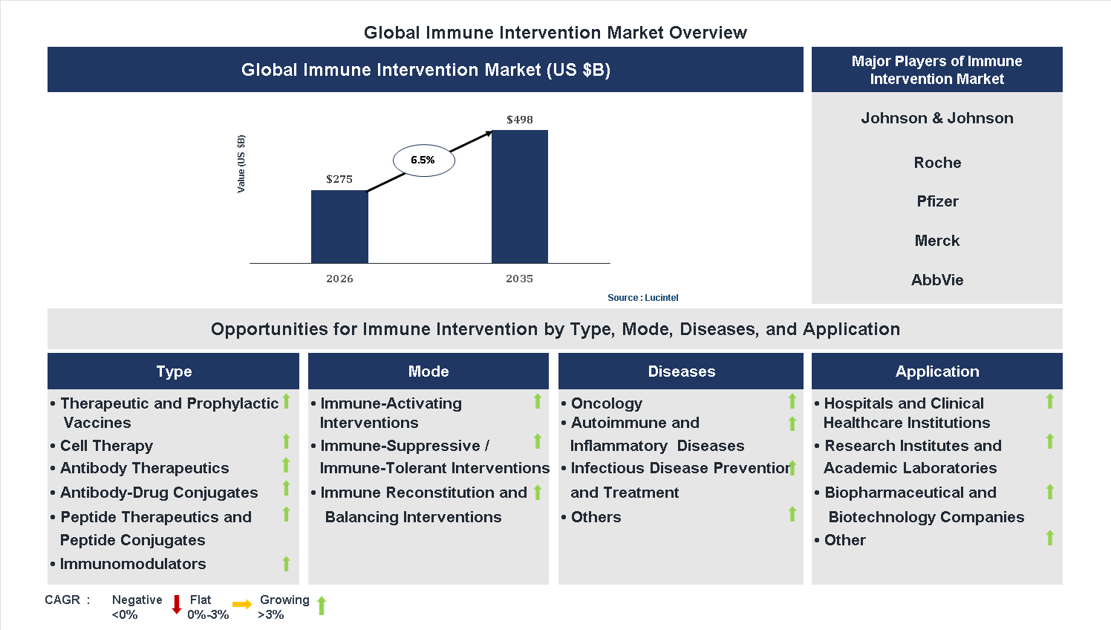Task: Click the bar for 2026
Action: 339,227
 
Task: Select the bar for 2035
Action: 519,197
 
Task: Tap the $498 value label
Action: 519,120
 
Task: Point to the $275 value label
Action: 339,179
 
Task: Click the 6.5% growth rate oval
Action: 423,160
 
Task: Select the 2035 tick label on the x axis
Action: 519,279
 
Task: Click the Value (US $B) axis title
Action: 241,164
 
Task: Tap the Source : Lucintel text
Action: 642,298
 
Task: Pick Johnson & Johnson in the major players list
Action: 936,118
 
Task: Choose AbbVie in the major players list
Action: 936,280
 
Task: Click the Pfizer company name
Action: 936,201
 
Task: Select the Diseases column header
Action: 681,371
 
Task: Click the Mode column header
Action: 429,371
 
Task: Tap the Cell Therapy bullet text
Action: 106,446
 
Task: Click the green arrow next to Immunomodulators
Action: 286,564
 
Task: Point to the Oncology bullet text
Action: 606,403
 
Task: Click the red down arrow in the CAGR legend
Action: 177,605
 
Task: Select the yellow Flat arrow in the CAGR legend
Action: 242,605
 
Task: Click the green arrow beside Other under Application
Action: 1049,538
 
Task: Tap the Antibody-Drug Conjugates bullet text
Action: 159,493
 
